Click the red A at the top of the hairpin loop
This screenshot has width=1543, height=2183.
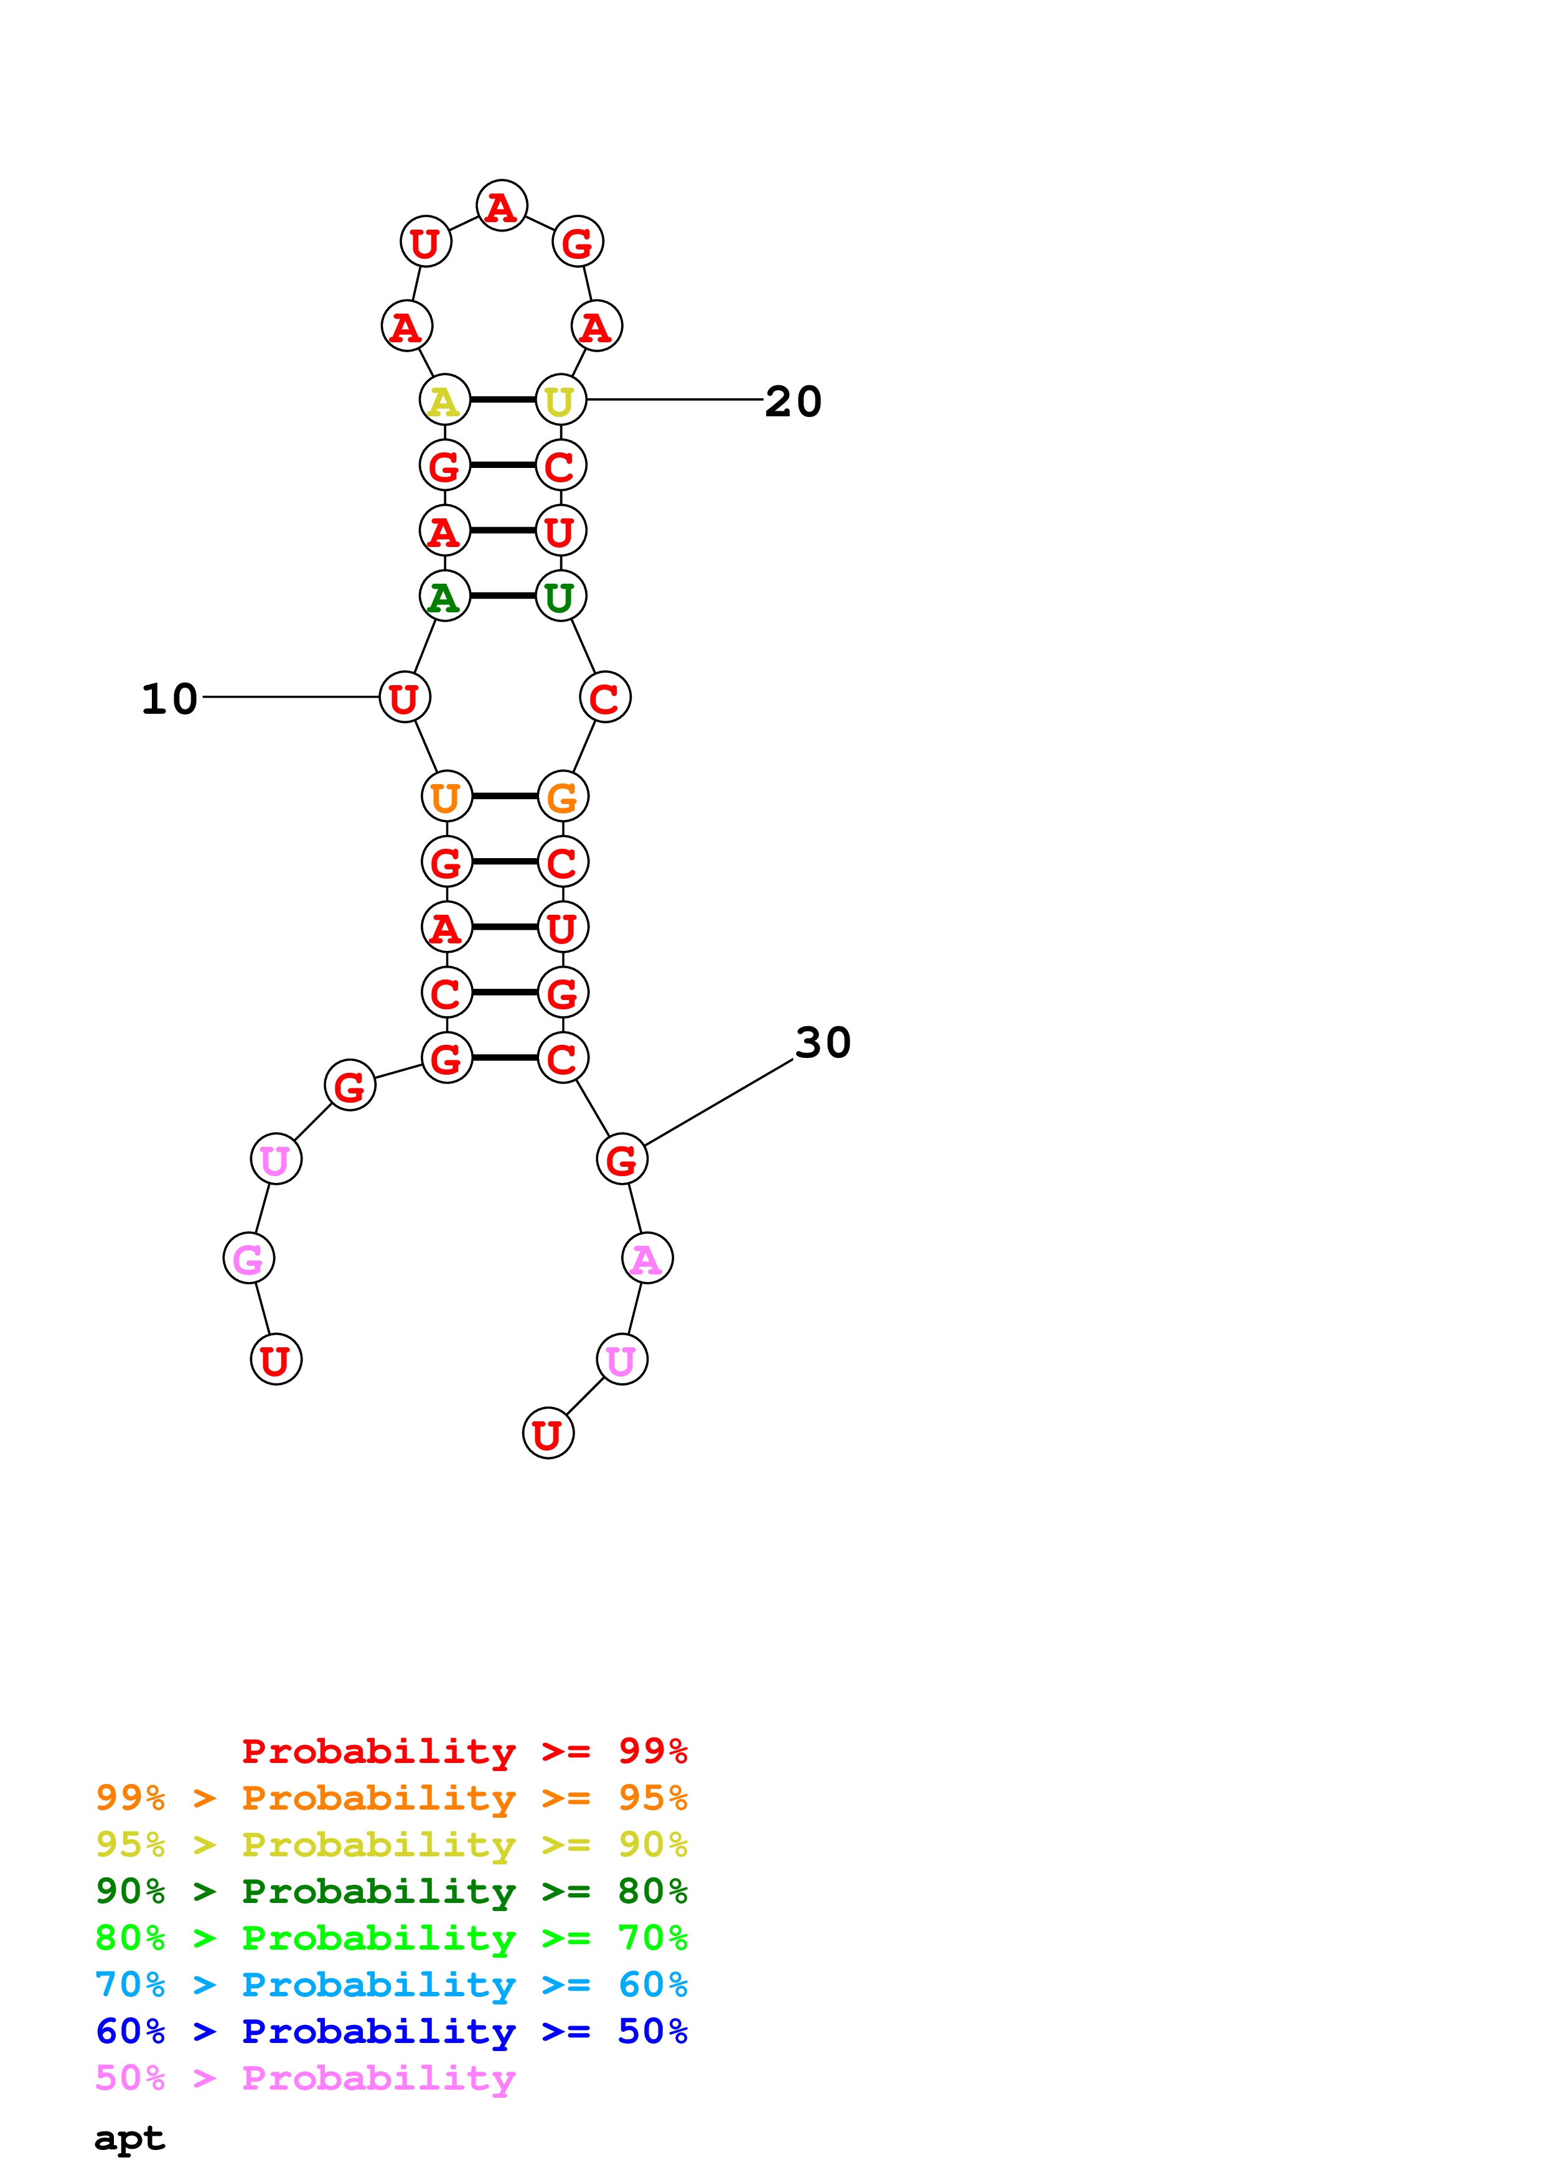tap(501, 205)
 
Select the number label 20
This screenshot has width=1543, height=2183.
tap(793, 401)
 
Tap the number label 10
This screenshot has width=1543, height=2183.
tap(169, 699)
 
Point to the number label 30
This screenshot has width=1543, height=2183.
tap(822, 1042)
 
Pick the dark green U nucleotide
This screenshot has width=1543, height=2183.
tap(560, 596)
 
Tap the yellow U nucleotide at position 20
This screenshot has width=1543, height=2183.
tap(560, 400)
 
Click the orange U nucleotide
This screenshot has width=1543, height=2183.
tap(446, 797)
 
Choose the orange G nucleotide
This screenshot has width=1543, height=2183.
tap(563, 797)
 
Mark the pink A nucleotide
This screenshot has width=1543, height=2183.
tap(647, 1259)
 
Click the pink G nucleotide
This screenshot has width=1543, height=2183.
tap(248, 1259)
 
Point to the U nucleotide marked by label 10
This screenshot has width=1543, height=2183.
tap(404, 698)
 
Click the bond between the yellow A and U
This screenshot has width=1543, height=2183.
tap(502, 400)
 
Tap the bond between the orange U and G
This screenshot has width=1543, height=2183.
tap(504, 797)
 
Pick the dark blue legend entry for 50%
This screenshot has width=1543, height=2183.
tap(391, 2031)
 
